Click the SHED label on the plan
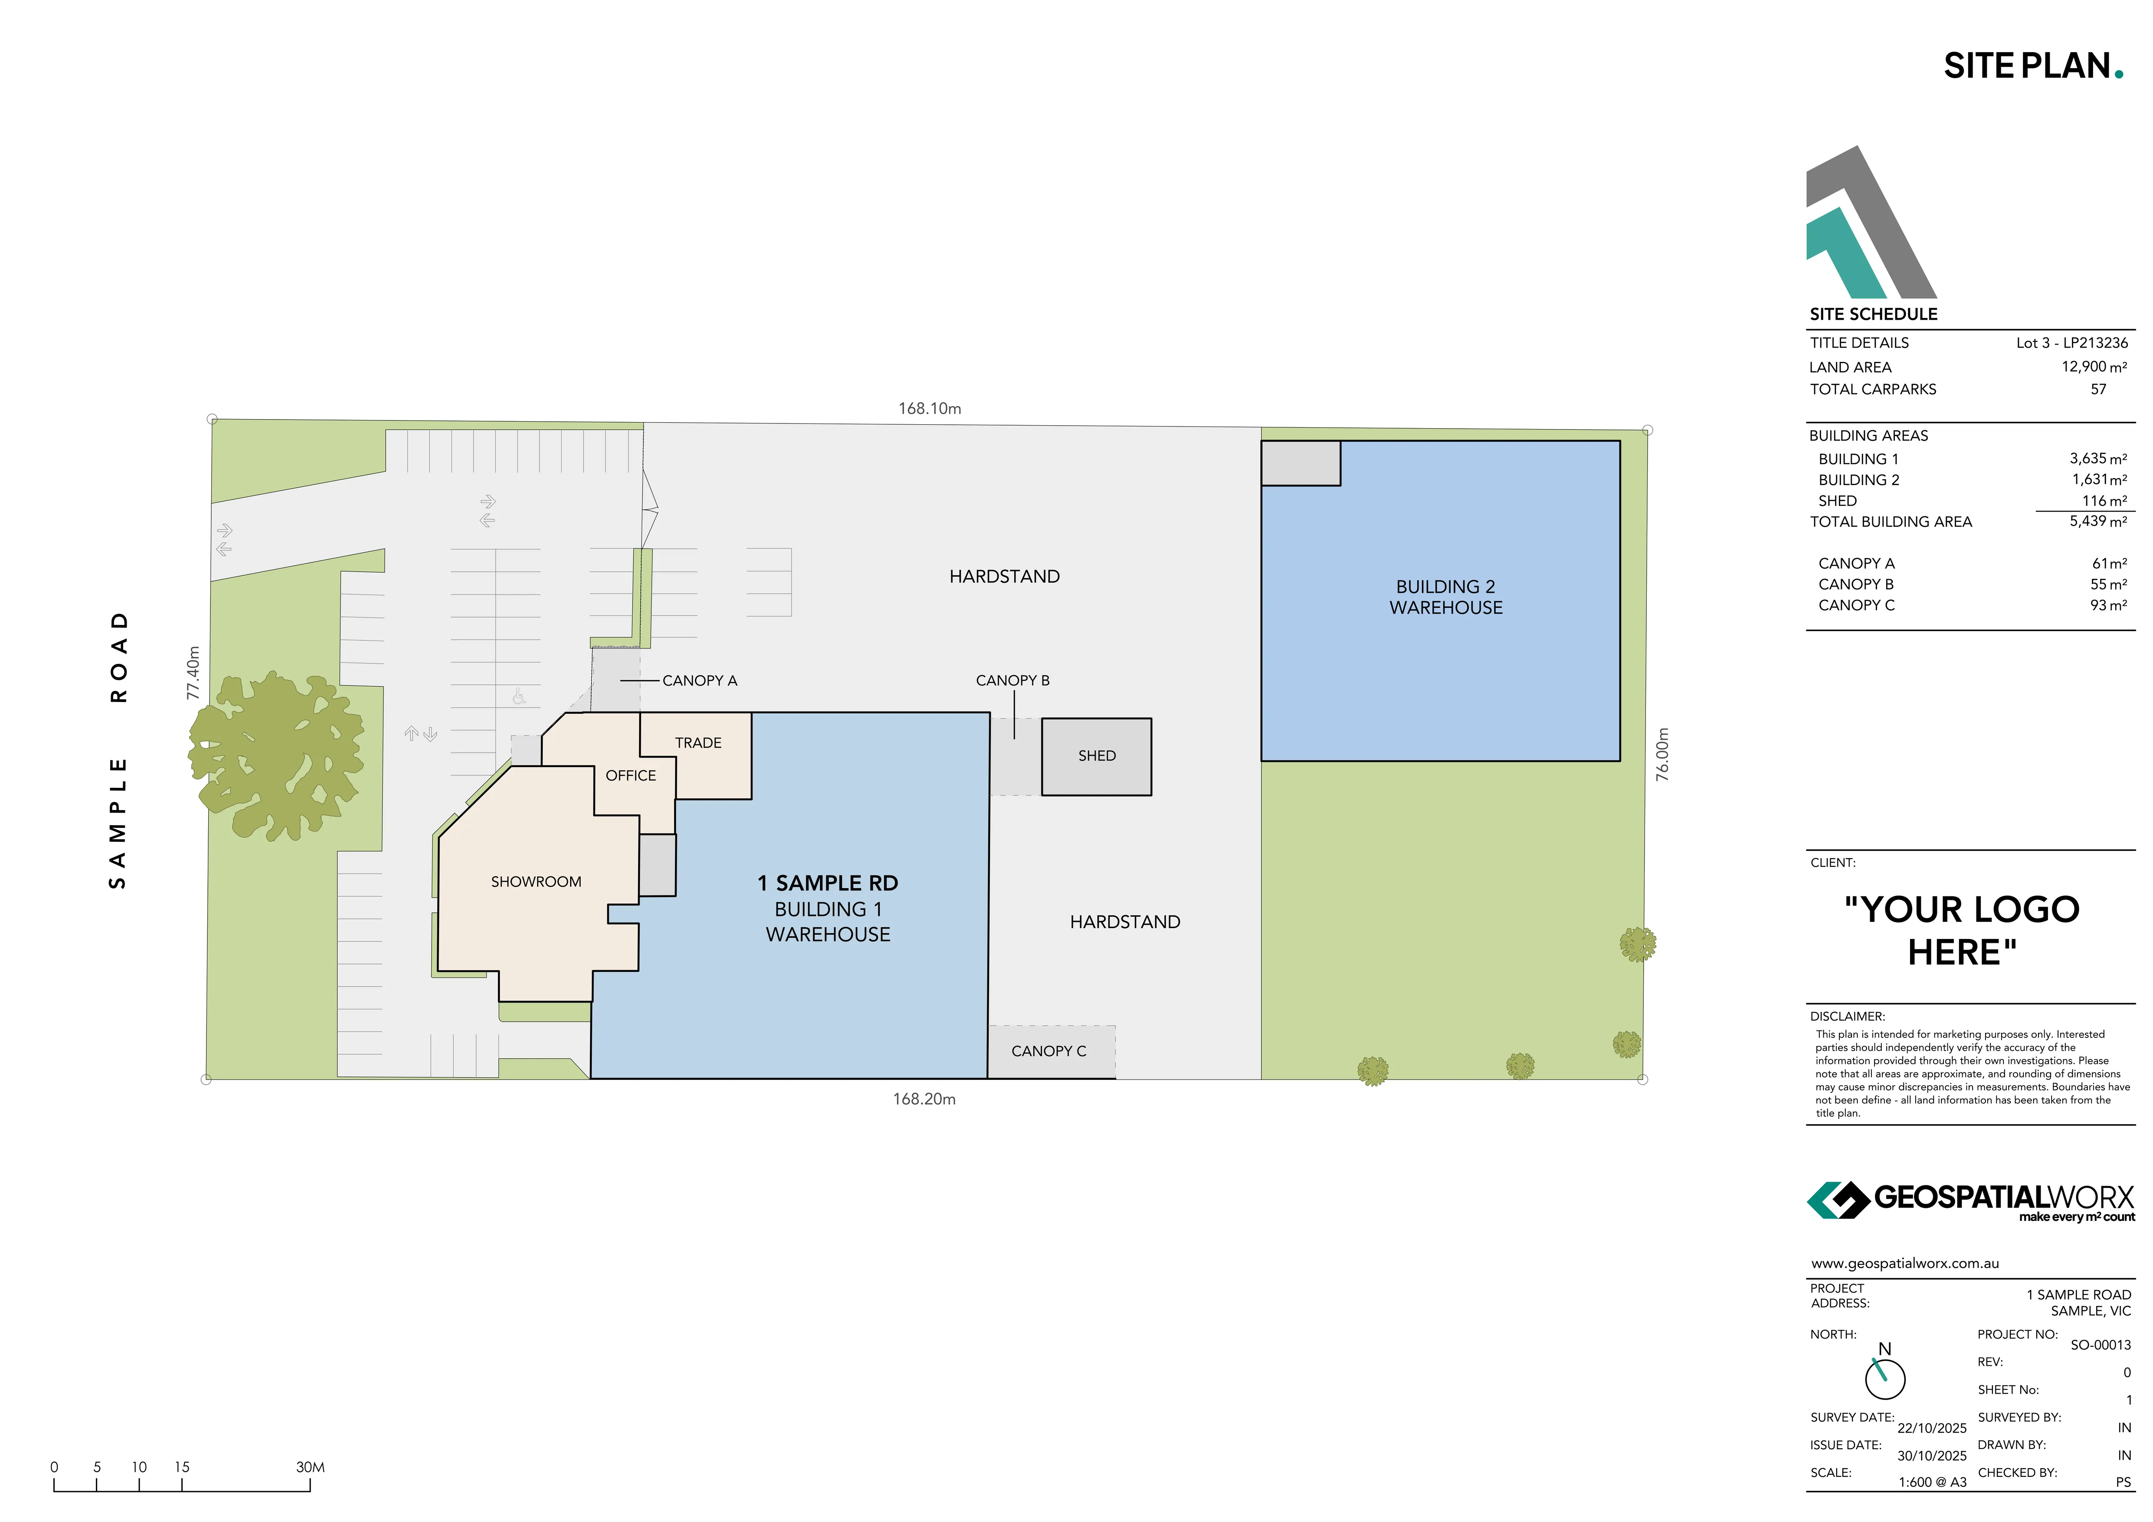click(1096, 756)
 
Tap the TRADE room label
click(698, 743)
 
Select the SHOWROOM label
click(535, 882)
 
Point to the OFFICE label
click(630, 776)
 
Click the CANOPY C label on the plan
click(1049, 1051)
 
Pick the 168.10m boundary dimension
click(929, 409)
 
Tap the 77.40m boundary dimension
click(193, 672)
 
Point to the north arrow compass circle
click(1885, 1378)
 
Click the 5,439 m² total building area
click(2097, 522)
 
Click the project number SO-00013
click(2101, 1345)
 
